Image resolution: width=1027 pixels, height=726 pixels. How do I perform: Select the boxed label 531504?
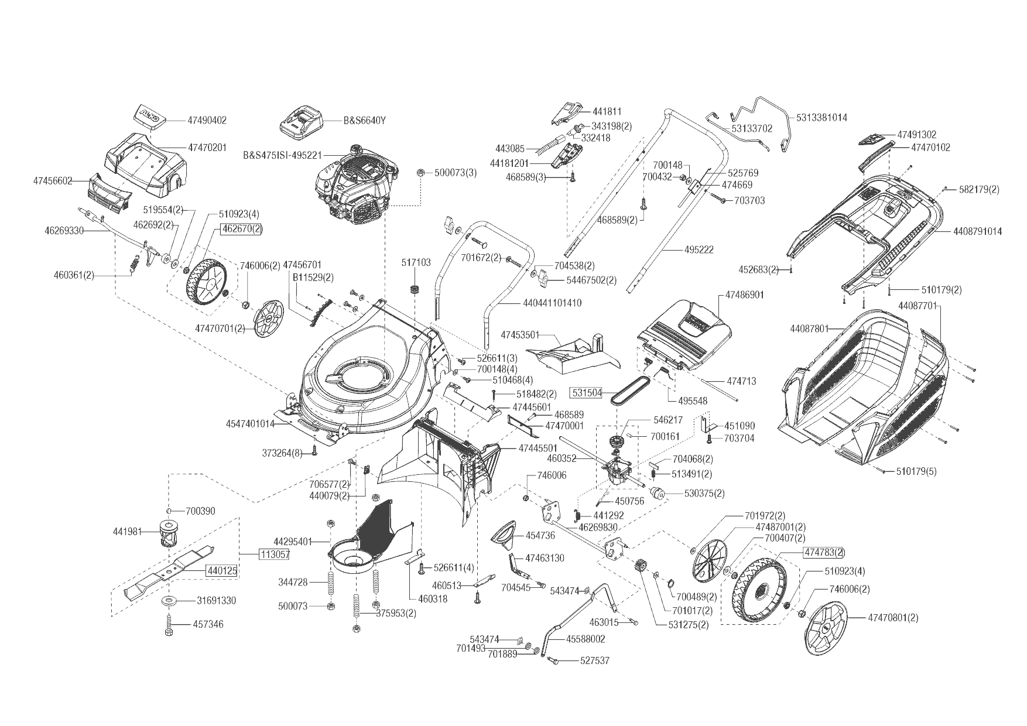pyautogui.click(x=587, y=392)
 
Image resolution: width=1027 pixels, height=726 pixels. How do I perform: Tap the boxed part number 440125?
pyautogui.click(x=221, y=570)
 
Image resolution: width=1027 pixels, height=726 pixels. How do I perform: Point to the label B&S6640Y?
pyautogui.click(x=364, y=121)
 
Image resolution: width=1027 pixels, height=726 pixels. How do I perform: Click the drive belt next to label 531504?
pyautogui.click(x=629, y=389)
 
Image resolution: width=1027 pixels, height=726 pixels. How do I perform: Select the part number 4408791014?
pyautogui.click(x=977, y=231)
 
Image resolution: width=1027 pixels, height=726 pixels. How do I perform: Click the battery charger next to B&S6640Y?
pyautogui.click(x=299, y=121)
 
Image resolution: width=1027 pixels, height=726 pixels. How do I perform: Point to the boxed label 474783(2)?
pyautogui.click(x=824, y=552)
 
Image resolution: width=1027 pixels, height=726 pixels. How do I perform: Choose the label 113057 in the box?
pyautogui.click(x=274, y=554)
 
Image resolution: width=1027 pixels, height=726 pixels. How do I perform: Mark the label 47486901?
pyautogui.click(x=744, y=295)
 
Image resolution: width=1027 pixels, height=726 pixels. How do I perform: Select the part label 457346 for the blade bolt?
pyautogui.click(x=208, y=624)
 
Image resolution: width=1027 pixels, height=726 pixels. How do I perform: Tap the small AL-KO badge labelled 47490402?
pyautogui.click(x=149, y=115)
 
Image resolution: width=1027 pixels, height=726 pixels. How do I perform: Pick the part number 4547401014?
pyautogui.click(x=250, y=424)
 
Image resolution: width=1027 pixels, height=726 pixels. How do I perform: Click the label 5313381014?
pyautogui.click(x=821, y=118)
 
